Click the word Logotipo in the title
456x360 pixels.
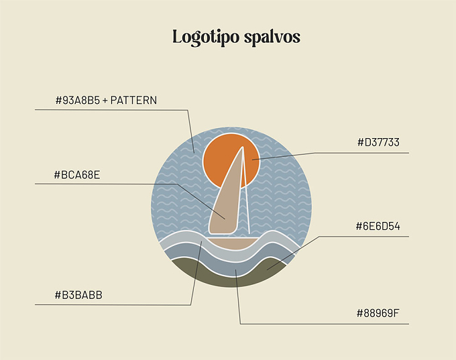[206, 38]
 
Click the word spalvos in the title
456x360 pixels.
[272, 37]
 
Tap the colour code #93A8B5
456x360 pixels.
[78, 101]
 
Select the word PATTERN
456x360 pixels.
[133, 101]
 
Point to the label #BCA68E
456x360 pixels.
[77, 175]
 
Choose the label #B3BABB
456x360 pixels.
[78, 295]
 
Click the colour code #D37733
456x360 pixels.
[378, 143]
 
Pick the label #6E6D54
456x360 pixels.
[378, 226]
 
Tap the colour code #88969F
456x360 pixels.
[378, 314]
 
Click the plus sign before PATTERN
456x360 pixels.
[105, 101]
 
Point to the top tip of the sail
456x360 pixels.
[243, 147]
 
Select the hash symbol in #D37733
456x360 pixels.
[360, 143]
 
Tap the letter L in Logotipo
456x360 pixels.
[178, 37]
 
